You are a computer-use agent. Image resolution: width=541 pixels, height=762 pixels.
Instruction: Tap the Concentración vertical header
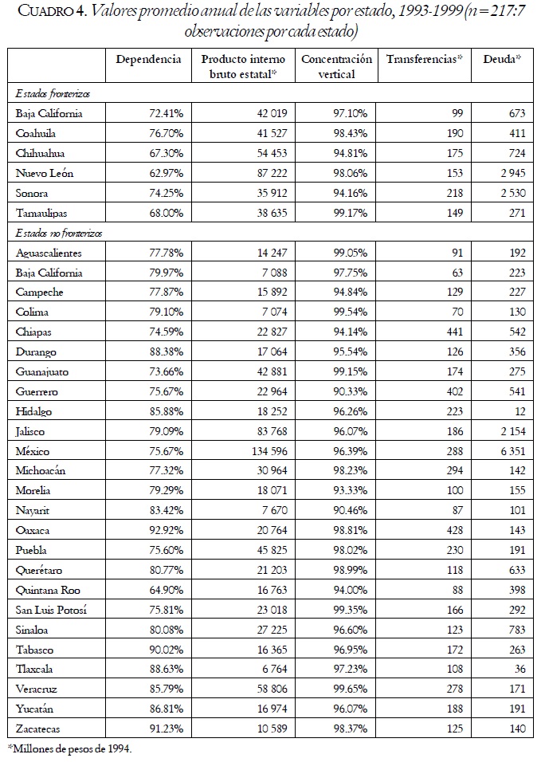[336, 66]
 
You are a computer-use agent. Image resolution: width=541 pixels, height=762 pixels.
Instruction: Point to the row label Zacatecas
[39, 729]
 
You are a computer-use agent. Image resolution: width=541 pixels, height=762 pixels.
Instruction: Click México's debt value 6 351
[511, 451]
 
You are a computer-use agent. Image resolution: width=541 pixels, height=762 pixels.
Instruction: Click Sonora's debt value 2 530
[511, 193]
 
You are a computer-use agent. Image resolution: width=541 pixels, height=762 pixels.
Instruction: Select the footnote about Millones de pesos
[69, 748]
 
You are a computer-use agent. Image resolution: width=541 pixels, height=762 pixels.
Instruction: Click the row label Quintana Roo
[47, 590]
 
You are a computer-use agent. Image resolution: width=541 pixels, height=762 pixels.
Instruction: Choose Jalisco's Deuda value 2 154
[511, 431]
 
